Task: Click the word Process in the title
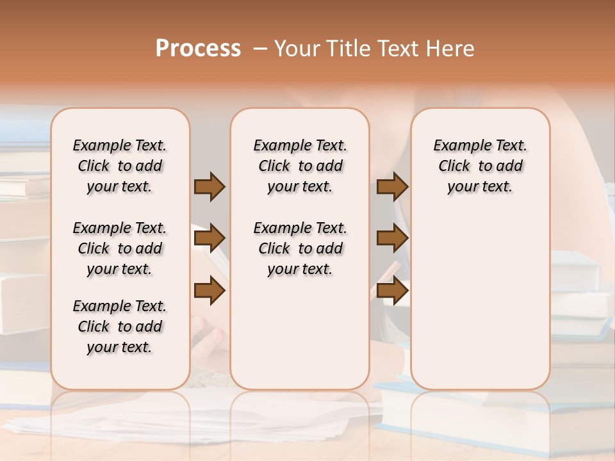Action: point(198,49)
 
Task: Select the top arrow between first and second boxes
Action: point(209,187)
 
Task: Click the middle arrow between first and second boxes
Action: point(209,238)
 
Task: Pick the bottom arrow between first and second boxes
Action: point(209,291)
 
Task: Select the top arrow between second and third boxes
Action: point(392,187)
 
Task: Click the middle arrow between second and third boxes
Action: point(392,238)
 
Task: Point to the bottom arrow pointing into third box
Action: point(392,291)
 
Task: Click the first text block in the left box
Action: point(120,166)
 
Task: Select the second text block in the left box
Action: point(120,248)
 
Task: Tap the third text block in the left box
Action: point(120,327)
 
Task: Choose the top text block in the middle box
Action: point(300,166)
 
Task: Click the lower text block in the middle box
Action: point(300,248)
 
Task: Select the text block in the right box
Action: point(480,166)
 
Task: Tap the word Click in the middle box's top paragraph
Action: point(274,166)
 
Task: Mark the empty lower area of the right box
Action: point(480,295)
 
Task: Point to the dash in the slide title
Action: point(260,49)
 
